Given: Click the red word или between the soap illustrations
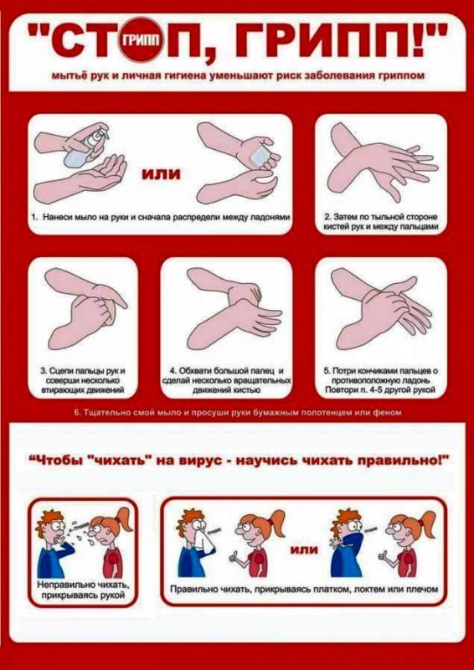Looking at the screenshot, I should (162, 174).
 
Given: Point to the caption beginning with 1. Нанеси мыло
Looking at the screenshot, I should (160, 217).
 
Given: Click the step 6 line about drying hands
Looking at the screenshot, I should (239, 413).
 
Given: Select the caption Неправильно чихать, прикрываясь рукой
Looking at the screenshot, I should (82, 589).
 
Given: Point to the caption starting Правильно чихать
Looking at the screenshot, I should (303, 590).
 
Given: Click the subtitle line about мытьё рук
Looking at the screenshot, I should (237, 75).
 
